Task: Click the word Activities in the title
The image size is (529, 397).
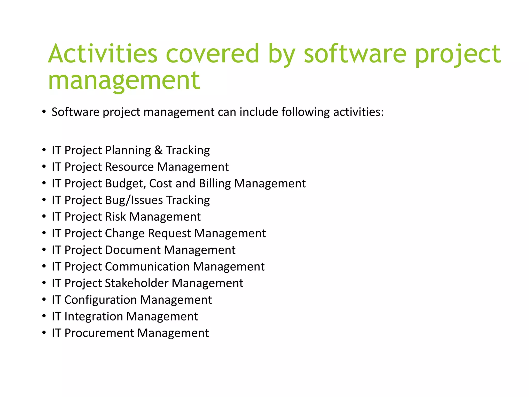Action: [103, 54]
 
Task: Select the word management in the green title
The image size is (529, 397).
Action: [124, 81]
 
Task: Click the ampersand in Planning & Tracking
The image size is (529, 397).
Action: [158, 150]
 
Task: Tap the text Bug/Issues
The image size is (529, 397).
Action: [134, 200]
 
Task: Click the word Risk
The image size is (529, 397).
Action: [115, 217]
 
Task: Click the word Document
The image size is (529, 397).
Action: [133, 250]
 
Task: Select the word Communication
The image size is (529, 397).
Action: [147, 266]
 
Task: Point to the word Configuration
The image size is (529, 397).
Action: [100, 300]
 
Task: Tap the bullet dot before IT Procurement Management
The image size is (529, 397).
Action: [44, 332]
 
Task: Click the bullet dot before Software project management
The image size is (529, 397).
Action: [44, 112]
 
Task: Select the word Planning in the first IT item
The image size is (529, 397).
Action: [128, 150]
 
